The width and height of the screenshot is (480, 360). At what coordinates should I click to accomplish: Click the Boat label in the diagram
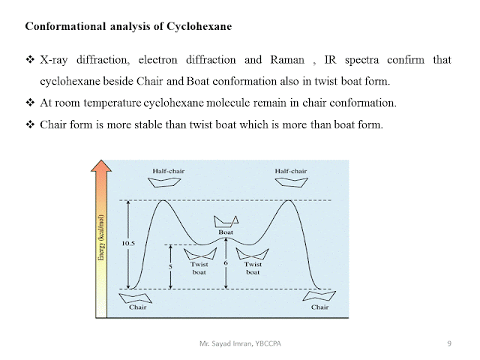[226, 232]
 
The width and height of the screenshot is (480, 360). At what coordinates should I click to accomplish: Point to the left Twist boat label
[199, 268]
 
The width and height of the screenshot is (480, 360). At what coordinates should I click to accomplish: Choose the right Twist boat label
[253, 268]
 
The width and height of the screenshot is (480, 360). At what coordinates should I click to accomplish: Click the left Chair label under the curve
[138, 307]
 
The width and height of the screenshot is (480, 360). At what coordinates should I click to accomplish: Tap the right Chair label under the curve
[320, 307]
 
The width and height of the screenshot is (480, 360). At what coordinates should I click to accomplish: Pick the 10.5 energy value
[128, 244]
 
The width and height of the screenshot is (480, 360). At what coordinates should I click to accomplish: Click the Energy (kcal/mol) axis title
[100, 239]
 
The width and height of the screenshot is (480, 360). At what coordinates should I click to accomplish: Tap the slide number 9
[448, 343]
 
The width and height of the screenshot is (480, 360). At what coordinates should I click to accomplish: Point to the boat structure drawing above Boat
[226, 220]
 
